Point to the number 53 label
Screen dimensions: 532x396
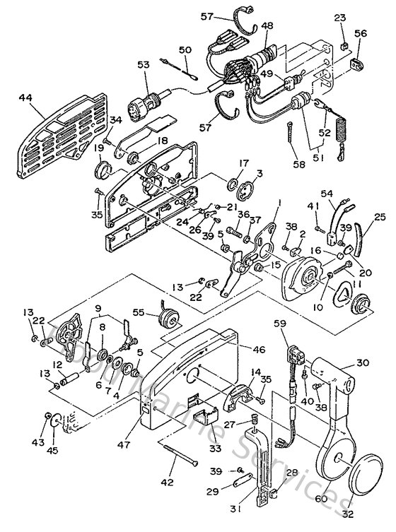point(144,65)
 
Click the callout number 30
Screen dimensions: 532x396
point(363,362)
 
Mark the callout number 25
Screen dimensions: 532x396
point(379,216)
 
